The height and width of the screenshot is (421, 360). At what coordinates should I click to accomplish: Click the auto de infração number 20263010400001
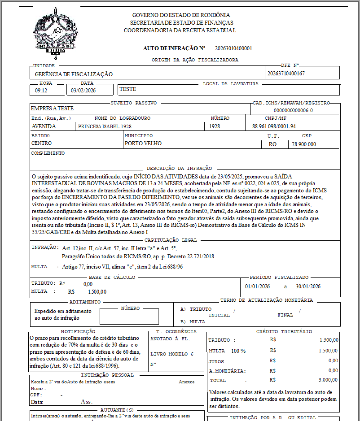click(233, 48)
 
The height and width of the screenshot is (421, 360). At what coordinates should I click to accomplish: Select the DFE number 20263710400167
click(286, 74)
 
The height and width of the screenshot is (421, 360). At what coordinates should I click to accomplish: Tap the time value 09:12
click(41, 90)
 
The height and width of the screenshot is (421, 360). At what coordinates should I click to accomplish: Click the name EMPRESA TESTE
click(52, 109)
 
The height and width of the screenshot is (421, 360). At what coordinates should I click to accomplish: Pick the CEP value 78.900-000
click(304, 144)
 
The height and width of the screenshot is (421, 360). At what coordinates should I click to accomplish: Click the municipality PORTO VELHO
click(143, 144)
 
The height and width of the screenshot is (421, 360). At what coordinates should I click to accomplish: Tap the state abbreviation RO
click(272, 144)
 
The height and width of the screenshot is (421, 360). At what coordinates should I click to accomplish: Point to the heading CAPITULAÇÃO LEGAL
click(171, 240)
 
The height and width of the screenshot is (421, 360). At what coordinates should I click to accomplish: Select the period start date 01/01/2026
click(257, 286)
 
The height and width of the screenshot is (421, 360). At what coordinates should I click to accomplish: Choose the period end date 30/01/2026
click(308, 286)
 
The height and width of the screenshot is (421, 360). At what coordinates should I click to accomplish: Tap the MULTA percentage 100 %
click(238, 351)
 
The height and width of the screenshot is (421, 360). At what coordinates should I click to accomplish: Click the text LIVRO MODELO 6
click(171, 354)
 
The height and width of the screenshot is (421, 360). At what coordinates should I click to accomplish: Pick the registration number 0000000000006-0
click(293, 110)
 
